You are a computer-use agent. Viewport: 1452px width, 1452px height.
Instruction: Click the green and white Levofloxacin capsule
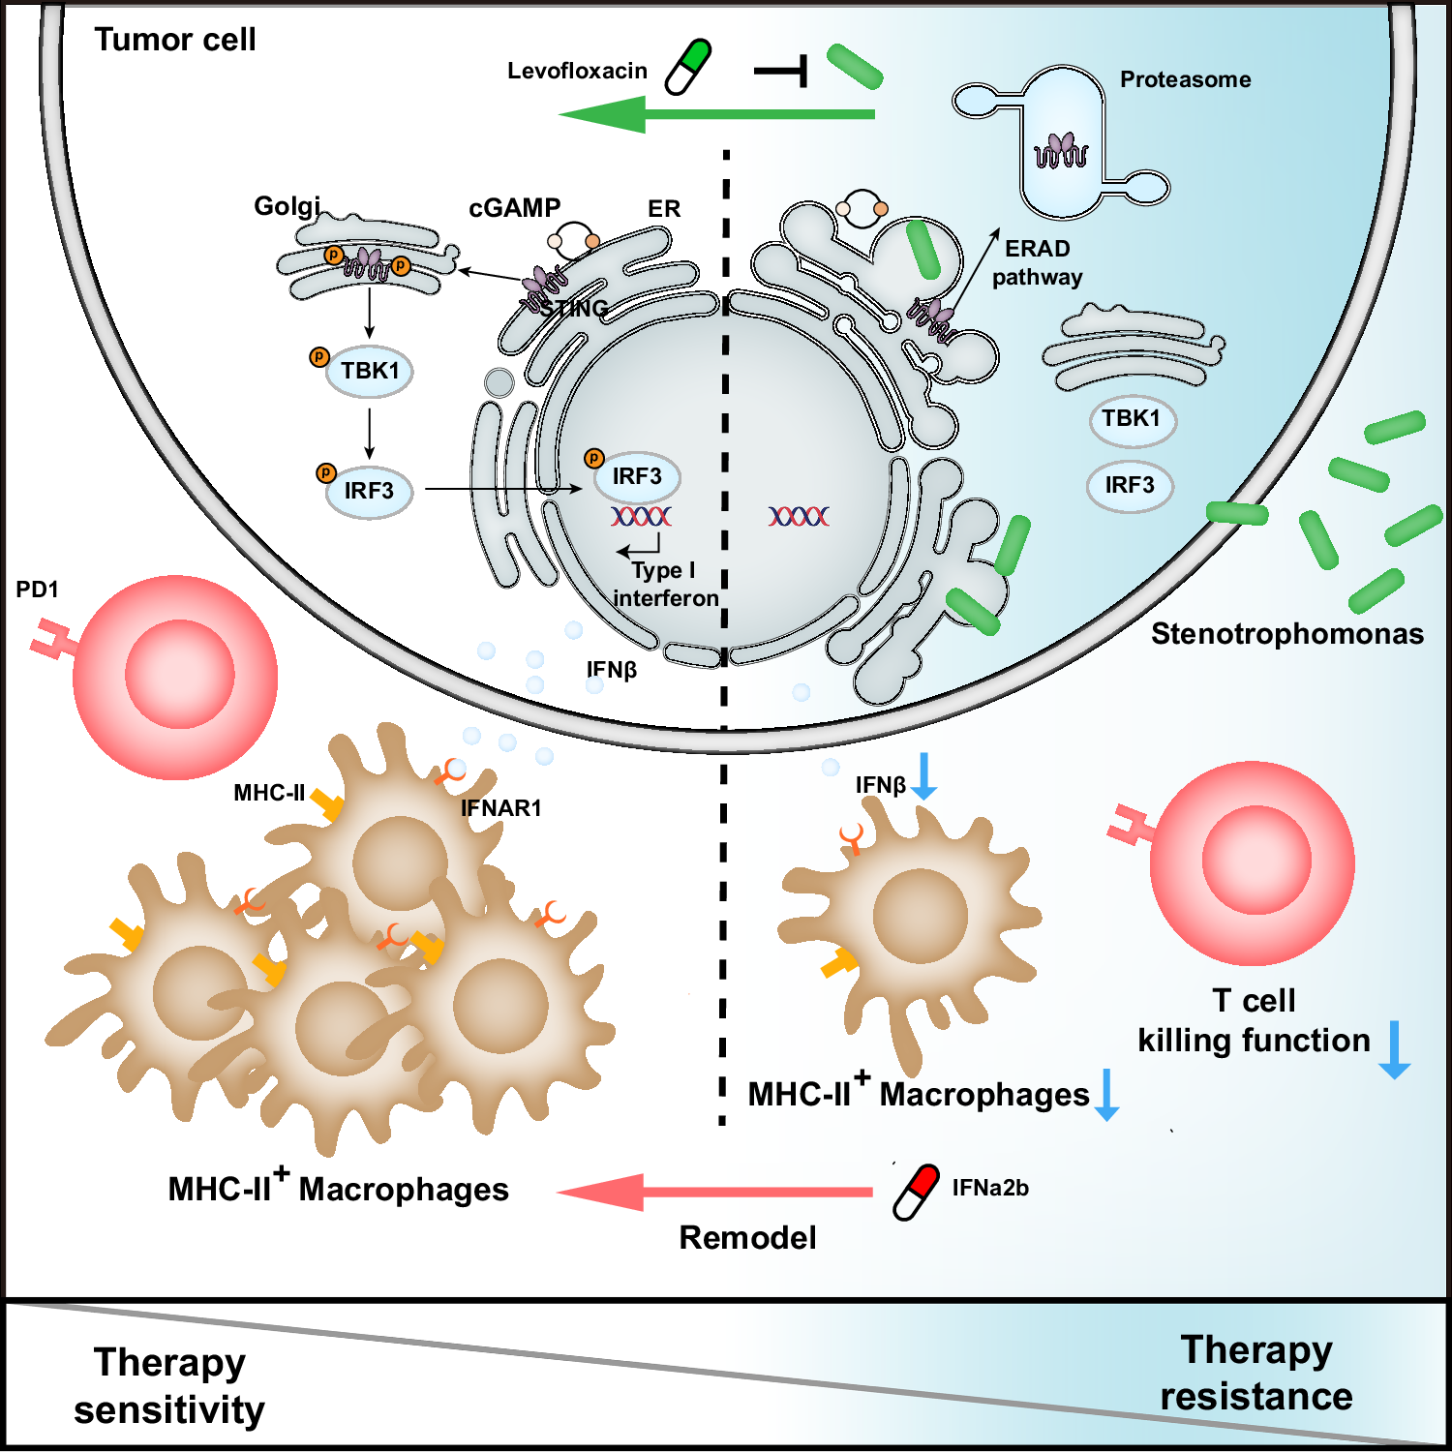click(688, 67)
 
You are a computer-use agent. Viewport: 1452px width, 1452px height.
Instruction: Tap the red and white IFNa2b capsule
click(916, 1192)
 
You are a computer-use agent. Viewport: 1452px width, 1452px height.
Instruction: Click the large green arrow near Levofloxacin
click(716, 115)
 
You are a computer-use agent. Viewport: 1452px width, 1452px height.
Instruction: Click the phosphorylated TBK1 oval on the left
click(370, 372)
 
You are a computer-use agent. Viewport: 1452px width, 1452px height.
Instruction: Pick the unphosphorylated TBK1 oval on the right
click(1132, 419)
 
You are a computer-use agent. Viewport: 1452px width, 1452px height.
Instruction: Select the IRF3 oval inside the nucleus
click(637, 476)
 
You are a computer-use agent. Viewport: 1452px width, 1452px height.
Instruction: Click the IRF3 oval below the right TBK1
click(1130, 486)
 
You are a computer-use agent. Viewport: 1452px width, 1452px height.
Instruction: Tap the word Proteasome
click(1185, 79)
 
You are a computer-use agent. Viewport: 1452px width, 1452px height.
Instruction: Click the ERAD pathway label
click(1037, 262)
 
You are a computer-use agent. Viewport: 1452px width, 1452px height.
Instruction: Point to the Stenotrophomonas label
click(1286, 634)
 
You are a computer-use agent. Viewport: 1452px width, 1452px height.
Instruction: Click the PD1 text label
click(37, 590)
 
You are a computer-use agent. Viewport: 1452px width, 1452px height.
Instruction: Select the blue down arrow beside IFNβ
click(924, 776)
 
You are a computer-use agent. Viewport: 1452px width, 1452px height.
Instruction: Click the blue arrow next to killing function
click(1394, 1049)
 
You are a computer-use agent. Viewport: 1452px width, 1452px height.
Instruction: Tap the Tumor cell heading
click(175, 40)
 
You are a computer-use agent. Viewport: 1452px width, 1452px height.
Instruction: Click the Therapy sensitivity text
click(169, 1385)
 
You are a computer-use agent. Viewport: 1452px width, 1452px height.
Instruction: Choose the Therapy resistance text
click(1256, 1373)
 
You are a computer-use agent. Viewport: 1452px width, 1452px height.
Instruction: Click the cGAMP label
click(514, 208)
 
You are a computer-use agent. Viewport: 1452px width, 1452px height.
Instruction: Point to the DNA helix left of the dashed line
click(641, 516)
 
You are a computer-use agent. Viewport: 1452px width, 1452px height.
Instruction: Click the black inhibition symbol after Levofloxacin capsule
click(782, 71)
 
